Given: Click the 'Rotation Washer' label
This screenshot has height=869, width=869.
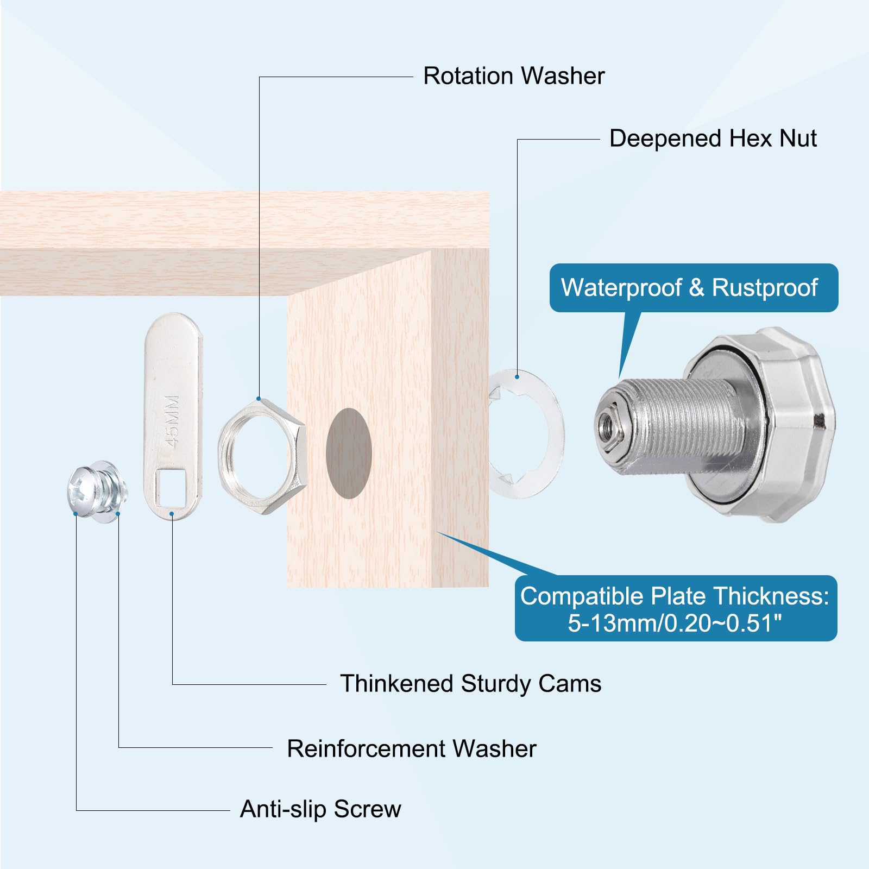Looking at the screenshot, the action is [514, 76].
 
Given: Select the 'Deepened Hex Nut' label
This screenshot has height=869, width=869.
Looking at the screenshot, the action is [713, 138].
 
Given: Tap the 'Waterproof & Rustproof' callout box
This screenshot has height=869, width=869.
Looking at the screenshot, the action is [694, 288].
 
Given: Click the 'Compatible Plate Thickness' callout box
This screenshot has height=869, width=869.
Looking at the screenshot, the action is [676, 608].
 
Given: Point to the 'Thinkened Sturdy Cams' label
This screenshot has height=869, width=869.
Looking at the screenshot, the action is [470, 683].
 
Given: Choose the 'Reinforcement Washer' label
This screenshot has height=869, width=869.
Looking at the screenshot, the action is [411, 748].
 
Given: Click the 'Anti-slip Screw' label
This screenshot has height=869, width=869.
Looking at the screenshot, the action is [320, 809].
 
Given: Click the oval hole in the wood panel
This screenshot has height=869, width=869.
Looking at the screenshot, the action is [349, 454].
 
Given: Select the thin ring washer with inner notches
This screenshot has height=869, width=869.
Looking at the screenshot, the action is [554, 434].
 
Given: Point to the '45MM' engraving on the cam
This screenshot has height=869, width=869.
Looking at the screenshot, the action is [172, 421].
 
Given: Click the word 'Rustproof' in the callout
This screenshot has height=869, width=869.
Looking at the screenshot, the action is [765, 288].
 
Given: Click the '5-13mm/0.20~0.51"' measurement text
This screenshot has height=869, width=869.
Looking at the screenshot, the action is [675, 623].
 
